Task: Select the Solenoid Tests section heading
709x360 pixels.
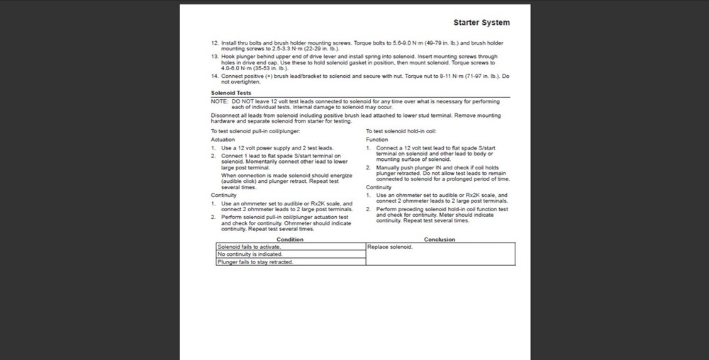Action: tap(230, 93)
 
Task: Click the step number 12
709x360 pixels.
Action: tap(215, 43)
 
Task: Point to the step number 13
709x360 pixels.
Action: tap(215, 56)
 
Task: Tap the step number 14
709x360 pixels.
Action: tap(215, 75)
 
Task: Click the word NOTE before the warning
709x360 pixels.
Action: tap(219, 101)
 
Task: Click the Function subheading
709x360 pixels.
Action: tap(377, 140)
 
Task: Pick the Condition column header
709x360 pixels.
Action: tap(289, 240)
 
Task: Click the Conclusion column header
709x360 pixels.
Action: tap(440, 240)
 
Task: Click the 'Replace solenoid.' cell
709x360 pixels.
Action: tap(390, 247)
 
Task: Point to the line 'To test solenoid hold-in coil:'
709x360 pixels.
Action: tap(401, 132)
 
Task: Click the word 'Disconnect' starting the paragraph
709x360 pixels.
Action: tap(225, 116)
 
